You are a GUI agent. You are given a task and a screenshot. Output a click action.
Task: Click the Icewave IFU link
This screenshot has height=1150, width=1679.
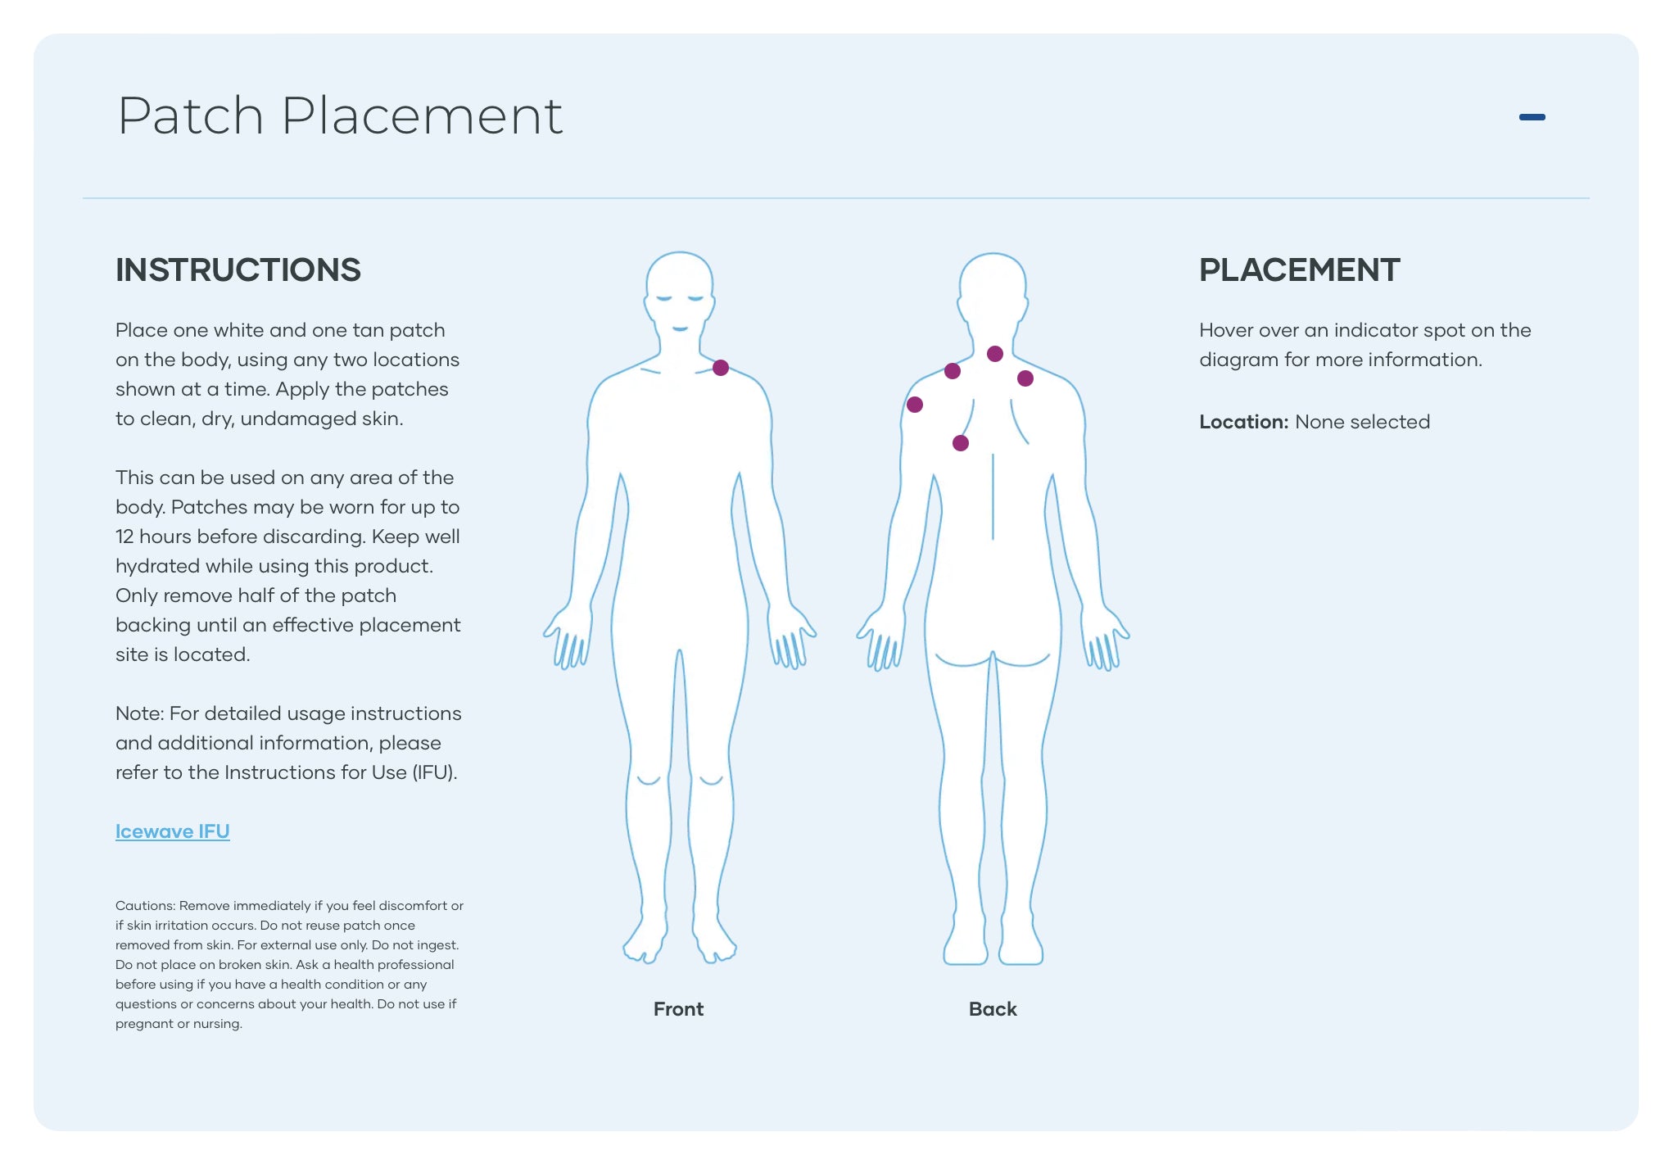[x=172, y=831]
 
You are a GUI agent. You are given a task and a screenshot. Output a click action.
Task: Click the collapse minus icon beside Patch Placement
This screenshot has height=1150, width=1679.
[x=1532, y=117]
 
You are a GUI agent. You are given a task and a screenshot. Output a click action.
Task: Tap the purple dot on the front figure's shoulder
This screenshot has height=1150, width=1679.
[x=721, y=368]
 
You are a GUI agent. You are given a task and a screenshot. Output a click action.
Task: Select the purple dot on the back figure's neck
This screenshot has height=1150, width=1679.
[x=995, y=354]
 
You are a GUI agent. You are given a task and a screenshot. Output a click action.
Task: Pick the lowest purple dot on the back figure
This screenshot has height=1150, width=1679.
[x=961, y=443]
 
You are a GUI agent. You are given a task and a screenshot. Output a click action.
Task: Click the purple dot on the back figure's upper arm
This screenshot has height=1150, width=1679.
[x=915, y=405]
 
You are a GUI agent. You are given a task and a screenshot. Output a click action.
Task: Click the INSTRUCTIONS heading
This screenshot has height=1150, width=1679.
[x=238, y=270]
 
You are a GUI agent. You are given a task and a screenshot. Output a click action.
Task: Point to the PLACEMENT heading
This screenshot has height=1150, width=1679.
[x=1299, y=270]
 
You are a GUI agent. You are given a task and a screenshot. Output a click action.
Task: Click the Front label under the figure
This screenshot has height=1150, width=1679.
[x=678, y=1009]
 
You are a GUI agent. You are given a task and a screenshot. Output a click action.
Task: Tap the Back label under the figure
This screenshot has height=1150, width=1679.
[x=993, y=1009]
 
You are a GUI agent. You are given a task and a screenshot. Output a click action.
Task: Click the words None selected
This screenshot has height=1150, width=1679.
[x=1362, y=422]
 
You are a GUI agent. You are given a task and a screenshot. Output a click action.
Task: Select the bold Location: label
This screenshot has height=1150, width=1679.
[x=1243, y=422]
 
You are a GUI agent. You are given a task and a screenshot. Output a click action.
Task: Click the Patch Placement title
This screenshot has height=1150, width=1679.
[x=340, y=115]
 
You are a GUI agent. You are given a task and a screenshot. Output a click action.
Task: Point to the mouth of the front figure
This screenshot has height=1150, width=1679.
[x=680, y=329]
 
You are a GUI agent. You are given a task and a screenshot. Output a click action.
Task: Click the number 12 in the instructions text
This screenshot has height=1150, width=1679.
[x=124, y=537]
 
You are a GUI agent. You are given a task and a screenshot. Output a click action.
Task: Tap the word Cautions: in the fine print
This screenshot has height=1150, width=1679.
[x=145, y=906]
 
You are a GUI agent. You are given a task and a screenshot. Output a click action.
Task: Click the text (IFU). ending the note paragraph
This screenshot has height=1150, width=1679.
[x=434, y=772]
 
